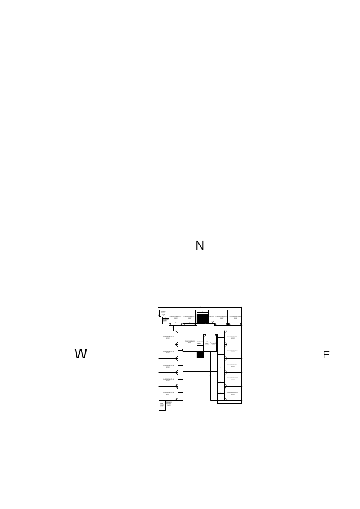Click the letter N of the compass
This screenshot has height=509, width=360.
pos(200,245)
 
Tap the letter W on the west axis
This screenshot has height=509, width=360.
pos(80,355)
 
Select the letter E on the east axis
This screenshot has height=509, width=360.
pos(326,355)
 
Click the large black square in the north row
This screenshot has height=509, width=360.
pos(203,318)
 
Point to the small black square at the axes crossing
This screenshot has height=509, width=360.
pos(200,355)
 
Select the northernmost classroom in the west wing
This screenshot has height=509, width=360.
pos(168,337)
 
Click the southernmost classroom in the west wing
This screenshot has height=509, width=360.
pos(168,394)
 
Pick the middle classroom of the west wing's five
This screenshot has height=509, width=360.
pos(168,366)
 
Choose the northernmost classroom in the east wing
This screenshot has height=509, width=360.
pos(233,337)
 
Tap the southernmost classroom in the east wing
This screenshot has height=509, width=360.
pos(233,394)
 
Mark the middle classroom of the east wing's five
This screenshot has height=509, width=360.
pos(233,366)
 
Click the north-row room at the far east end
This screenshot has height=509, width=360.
pos(235,317)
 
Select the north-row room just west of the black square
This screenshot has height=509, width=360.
pos(189,317)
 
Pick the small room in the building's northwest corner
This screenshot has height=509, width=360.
pos(163,313)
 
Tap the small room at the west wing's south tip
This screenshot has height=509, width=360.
pos(162,405)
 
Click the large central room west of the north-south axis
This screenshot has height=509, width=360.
pos(189,342)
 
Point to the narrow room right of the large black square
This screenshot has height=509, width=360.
pos(211,317)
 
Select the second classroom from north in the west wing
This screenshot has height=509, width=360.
pos(168,352)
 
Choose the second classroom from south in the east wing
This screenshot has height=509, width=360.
pos(233,380)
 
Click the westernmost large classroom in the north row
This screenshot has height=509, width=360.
pos(175,317)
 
